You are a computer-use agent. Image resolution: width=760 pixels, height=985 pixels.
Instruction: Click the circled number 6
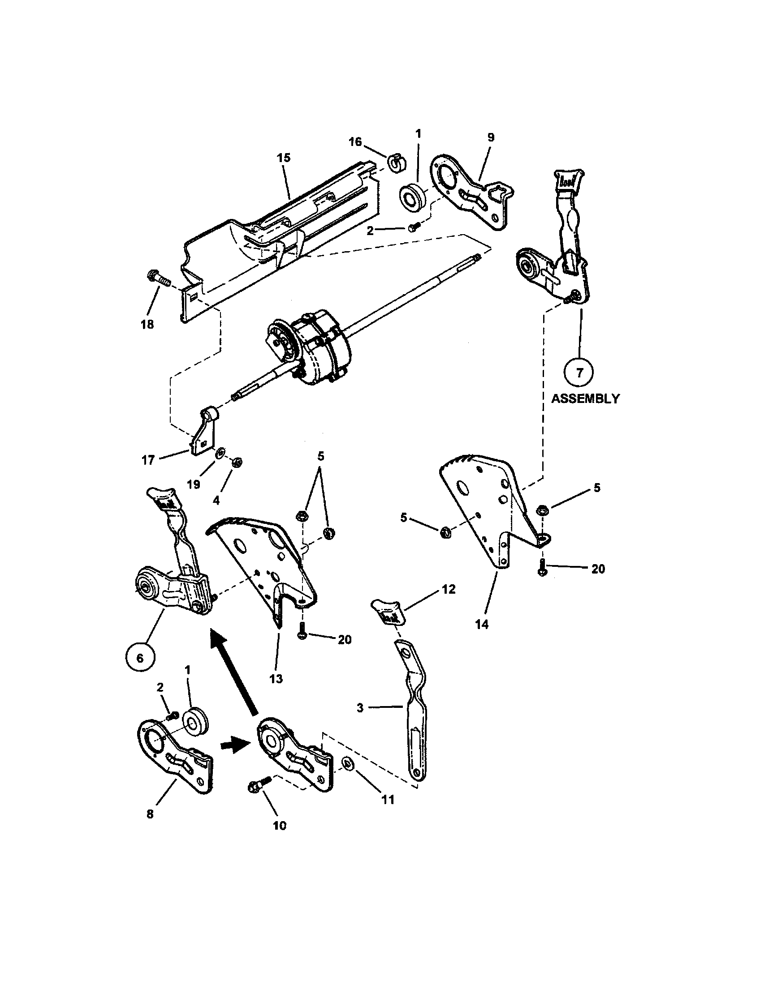[x=140, y=658]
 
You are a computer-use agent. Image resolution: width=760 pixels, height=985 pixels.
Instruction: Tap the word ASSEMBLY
[x=585, y=398]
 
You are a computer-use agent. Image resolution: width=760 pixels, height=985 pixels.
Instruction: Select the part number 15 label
[x=284, y=158]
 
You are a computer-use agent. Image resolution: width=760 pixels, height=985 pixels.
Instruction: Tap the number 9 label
[x=491, y=137]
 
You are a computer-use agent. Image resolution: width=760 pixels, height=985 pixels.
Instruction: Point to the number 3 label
[x=360, y=707]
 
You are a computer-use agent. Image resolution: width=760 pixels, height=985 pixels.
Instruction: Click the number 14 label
[x=482, y=624]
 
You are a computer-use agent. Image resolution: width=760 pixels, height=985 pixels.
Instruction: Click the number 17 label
[x=148, y=460]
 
